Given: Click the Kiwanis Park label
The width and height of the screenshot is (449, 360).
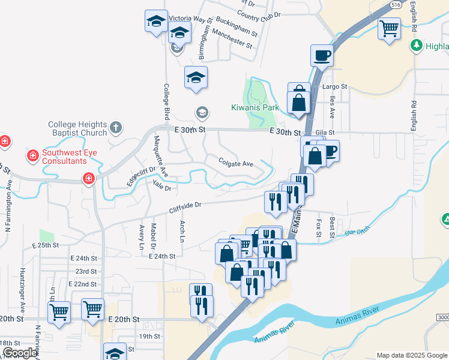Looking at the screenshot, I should tap(256, 108).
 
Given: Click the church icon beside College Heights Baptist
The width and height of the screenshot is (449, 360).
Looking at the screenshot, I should tap(116, 127).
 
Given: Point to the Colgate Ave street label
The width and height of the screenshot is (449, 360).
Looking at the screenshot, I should tap(236, 163).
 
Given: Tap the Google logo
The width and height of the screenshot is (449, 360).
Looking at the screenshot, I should tap(20, 353).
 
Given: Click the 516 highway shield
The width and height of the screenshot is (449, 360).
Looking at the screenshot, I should tap(395, 4).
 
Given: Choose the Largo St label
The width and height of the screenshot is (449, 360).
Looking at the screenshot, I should tap(335, 86).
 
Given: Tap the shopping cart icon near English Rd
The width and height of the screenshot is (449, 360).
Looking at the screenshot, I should tap(389, 27).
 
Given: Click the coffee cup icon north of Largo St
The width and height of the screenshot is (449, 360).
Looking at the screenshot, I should tap(322, 55).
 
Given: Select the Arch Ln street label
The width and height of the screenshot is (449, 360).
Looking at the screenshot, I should tap(182, 231).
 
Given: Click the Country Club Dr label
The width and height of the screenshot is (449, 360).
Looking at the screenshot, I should tap(259, 14).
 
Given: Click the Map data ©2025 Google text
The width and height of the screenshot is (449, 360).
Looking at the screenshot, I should tap(412, 355).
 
